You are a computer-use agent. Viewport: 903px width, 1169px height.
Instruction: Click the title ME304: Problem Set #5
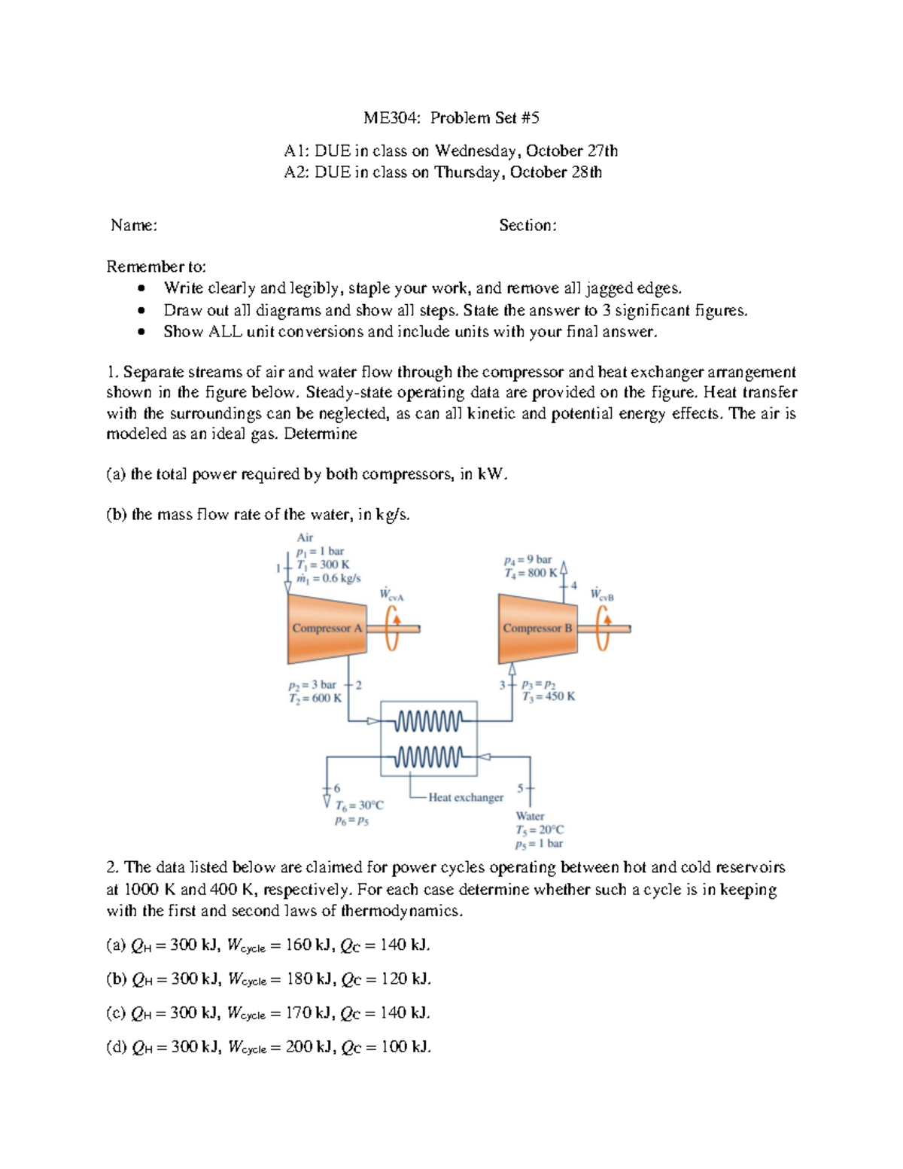tap(451, 117)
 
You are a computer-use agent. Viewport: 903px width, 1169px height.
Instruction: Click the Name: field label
tap(134, 225)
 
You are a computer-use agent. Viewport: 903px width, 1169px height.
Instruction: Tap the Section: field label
tap(528, 225)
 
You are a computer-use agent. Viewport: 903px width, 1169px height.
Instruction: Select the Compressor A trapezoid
tap(326, 629)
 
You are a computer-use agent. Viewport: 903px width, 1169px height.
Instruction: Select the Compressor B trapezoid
tap(537, 629)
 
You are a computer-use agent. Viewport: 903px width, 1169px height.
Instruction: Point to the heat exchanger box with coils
tap(429, 738)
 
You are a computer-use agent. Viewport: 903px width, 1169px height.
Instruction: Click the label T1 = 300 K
tap(324, 565)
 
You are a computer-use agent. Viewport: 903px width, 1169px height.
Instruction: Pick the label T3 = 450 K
tap(549, 696)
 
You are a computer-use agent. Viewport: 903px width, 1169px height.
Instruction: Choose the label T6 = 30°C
tap(359, 805)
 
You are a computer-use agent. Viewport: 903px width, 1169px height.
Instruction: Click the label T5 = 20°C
tap(540, 830)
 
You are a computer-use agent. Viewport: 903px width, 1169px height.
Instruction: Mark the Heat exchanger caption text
tap(466, 797)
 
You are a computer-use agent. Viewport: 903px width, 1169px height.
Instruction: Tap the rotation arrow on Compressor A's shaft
tap(392, 627)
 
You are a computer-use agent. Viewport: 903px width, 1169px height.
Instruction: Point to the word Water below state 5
tap(530, 816)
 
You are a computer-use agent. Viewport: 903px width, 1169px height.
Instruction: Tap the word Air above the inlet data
tap(305, 537)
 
